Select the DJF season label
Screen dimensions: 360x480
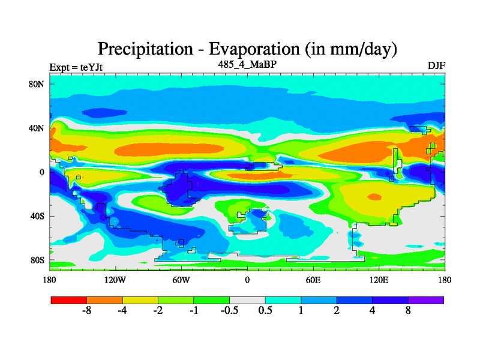pyautogui.click(x=436, y=65)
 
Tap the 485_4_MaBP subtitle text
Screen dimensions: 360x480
pyautogui.click(x=247, y=64)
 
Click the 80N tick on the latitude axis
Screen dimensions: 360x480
pyautogui.click(x=38, y=84)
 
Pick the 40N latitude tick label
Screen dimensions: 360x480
pyautogui.click(x=38, y=128)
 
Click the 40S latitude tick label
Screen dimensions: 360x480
pyautogui.click(x=38, y=216)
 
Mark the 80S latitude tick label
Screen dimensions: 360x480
pyautogui.click(x=38, y=260)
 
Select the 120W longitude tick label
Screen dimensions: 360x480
pyautogui.click(x=115, y=280)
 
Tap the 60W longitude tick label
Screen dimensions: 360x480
pyautogui.click(x=181, y=280)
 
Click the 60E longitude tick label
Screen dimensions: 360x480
pyautogui.click(x=313, y=280)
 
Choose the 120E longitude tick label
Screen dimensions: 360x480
pyautogui.click(x=379, y=280)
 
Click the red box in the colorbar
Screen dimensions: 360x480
pyautogui.click(x=68, y=300)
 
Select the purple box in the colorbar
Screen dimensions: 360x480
pyautogui.click(x=426, y=300)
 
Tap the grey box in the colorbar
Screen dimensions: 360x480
pyautogui.click(x=247, y=300)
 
